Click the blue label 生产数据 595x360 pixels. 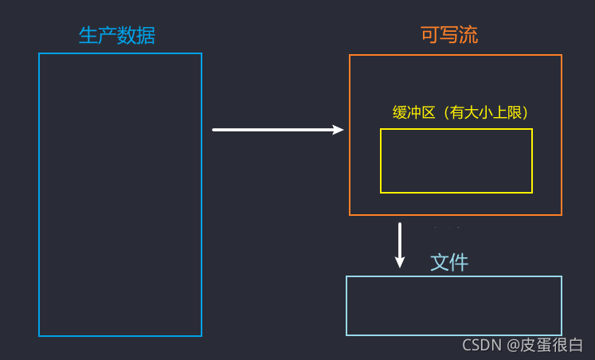tap(117, 36)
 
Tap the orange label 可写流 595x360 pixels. tap(449, 35)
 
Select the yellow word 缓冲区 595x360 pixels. tap(413, 113)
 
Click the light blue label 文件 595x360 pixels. tap(449, 262)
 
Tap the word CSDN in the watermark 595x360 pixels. tap(482, 345)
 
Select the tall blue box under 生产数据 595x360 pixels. tap(120, 194)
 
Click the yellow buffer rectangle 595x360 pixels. tap(456, 161)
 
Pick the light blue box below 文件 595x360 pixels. tap(453, 306)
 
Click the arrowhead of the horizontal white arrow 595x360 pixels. tap(338, 130)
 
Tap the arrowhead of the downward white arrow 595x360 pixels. tap(400, 261)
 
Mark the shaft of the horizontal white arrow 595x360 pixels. tap(271, 130)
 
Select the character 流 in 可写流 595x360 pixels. tap(468, 35)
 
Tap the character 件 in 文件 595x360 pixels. tap(459, 262)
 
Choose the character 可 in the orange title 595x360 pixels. tap(430, 35)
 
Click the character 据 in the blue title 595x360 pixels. tap(146, 36)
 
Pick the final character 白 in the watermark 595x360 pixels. tap(576, 345)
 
